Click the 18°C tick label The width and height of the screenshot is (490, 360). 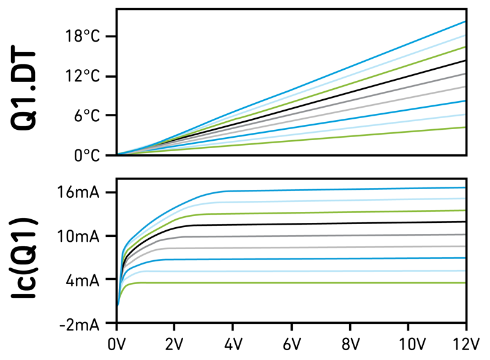click(83, 37)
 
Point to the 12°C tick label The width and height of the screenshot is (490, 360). click(83, 77)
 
